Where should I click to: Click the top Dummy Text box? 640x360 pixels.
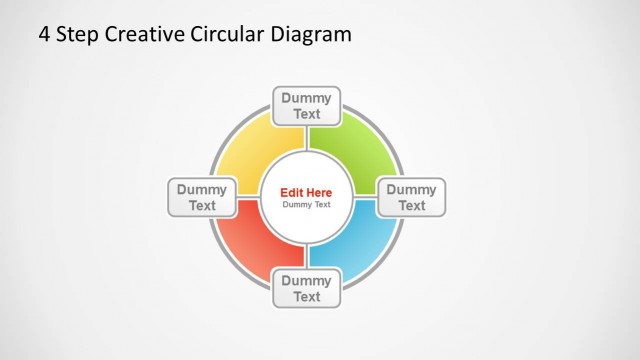tap(306, 106)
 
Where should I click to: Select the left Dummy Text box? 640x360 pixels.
tap(202, 197)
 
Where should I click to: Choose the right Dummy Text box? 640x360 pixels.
tap(411, 197)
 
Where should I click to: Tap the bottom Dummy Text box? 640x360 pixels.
tap(306, 288)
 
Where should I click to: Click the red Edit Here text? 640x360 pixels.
tap(306, 192)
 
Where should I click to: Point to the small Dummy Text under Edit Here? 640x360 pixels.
tap(306, 205)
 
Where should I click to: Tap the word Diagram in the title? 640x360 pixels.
tap(311, 35)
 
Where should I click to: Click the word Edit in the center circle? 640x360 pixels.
tap(291, 192)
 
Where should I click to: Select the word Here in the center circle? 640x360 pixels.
tap(319, 192)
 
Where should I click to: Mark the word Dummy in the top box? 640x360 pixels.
tap(306, 98)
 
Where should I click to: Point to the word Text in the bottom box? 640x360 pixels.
tap(306, 297)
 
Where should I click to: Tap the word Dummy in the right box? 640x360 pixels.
tap(411, 189)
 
